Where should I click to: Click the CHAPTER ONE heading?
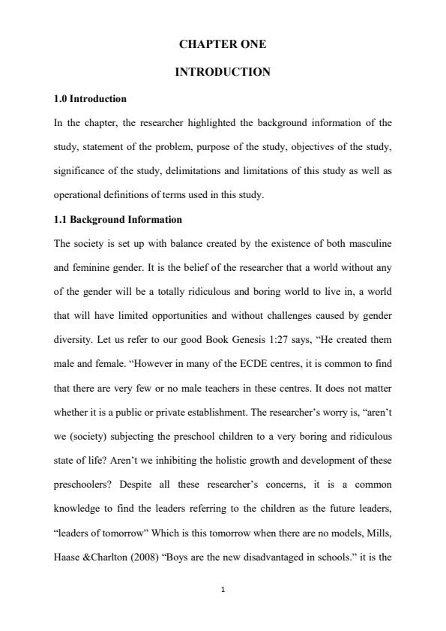(223, 45)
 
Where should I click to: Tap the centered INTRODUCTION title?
(223, 72)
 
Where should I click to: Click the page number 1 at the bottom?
(223, 590)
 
